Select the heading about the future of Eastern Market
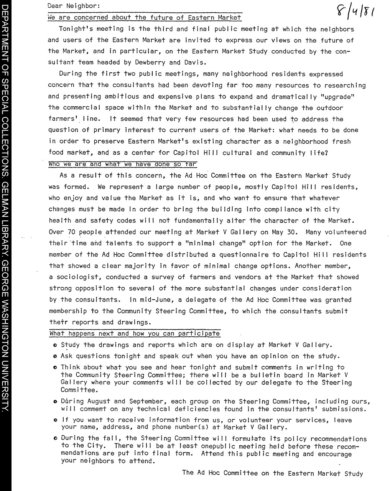pos(145,18)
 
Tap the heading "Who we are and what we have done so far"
pos(123,164)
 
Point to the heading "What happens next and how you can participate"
pos(135,333)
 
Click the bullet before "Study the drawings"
pos(56,345)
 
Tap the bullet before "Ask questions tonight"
pos(56,356)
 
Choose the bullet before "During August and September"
pos(56,402)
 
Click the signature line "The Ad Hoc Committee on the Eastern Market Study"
pos(272,473)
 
